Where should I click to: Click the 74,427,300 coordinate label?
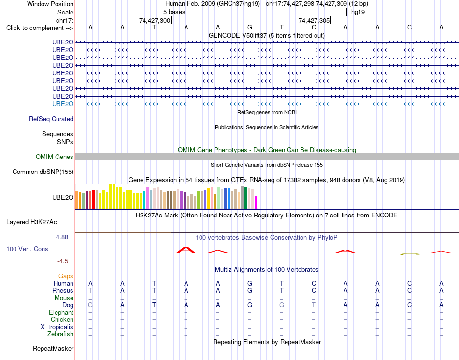point(155,20)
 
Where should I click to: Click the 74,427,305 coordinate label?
point(314,20)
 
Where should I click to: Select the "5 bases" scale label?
point(174,12)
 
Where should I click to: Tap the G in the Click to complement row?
point(250,28)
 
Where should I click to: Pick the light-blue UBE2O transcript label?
point(63,104)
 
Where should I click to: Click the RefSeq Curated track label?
point(51,119)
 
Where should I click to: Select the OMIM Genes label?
point(55,157)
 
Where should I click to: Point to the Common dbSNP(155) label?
point(43,172)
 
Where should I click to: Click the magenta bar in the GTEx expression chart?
point(256,202)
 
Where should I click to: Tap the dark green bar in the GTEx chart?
point(246,198)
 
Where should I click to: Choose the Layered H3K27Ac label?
point(31,222)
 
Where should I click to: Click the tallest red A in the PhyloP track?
point(186,250)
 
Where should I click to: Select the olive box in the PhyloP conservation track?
point(410,254)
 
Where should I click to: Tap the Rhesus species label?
point(63,290)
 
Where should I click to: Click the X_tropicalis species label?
point(57,327)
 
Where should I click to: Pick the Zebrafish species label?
point(60,334)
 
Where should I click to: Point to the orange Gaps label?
point(66,276)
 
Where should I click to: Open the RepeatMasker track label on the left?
point(53,348)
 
